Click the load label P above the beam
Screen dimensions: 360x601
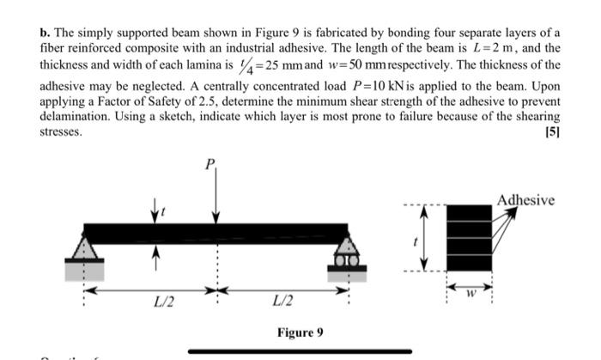point(209,164)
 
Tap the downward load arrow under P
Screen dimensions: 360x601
point(216,198)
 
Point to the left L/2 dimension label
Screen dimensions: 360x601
point(159,302)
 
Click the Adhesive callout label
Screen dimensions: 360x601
point(525,201)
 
